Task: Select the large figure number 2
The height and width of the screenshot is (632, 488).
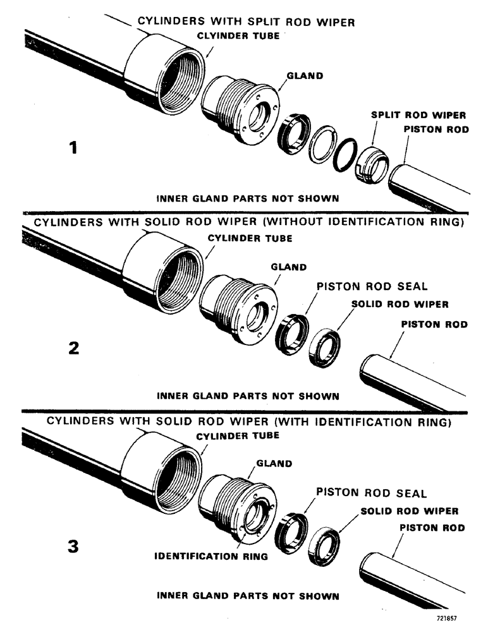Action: (x=74, y=348)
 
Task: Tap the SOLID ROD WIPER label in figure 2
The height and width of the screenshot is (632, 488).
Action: (x=400, y=304)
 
